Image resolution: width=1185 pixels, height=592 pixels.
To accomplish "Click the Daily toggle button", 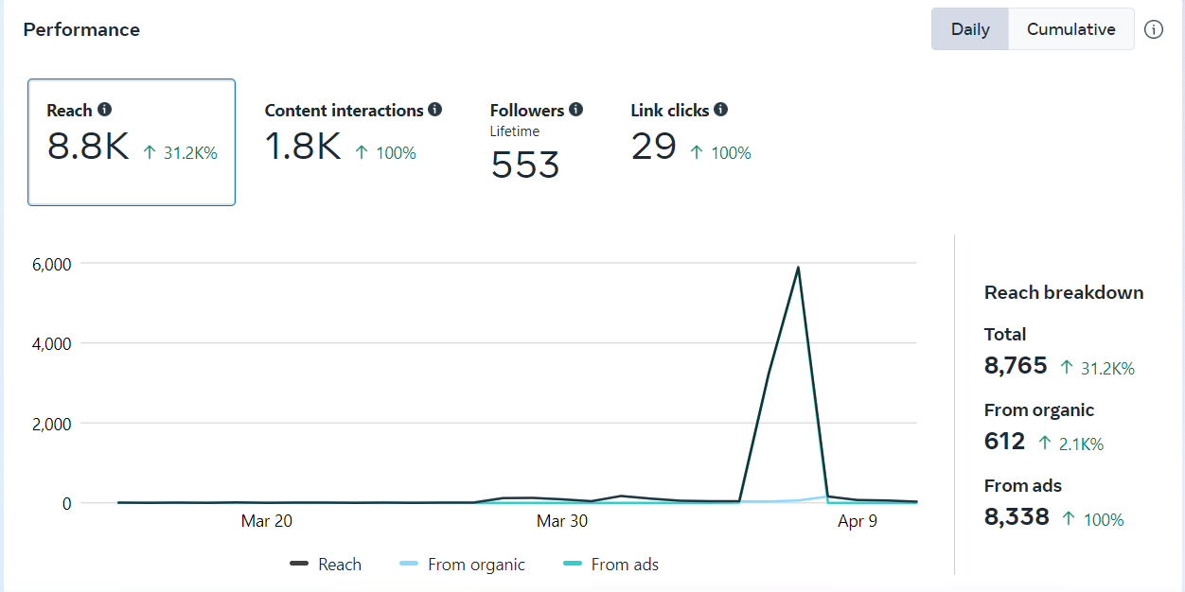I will [x=970, y=29].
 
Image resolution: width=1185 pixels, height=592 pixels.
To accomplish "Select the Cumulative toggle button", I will [x=1070, y=29].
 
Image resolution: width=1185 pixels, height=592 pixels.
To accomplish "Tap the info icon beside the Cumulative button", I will [x=1153, y=29].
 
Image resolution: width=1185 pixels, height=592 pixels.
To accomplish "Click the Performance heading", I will [x=81, y=29].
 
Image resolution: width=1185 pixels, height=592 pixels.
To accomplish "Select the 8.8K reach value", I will [x=88, y=147].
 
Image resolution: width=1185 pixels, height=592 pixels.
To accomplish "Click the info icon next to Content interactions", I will [x=434, y=110].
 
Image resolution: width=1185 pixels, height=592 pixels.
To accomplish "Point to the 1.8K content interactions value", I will [x=303, y=147].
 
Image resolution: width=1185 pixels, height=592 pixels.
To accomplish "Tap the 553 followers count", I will [x=525, y=165].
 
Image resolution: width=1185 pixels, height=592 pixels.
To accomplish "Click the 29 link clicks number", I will [x=653, y=147].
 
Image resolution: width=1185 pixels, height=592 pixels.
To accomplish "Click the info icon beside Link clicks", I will [x=720, y=110].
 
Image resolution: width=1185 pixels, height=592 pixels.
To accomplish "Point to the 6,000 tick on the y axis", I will [x=52, y=264].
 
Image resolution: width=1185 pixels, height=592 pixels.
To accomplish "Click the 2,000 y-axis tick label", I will [x=52, y=424].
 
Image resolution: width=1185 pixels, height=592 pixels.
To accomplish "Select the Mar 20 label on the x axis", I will [x=267, y=521].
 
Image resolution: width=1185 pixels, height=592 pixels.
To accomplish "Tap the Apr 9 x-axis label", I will [x=858, y=521].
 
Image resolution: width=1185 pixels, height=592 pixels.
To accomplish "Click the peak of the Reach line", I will [x=798, y=268].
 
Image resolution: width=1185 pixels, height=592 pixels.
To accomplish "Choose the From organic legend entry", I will [x=476, y=565].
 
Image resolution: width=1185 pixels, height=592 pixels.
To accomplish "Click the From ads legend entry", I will [x=624, y=565].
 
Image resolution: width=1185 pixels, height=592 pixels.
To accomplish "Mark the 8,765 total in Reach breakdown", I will [x=1016, y=365].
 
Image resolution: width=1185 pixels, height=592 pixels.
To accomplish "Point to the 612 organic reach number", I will [x=1004, y=441].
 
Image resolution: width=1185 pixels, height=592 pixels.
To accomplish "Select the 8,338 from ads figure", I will [x=1017, y=516].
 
